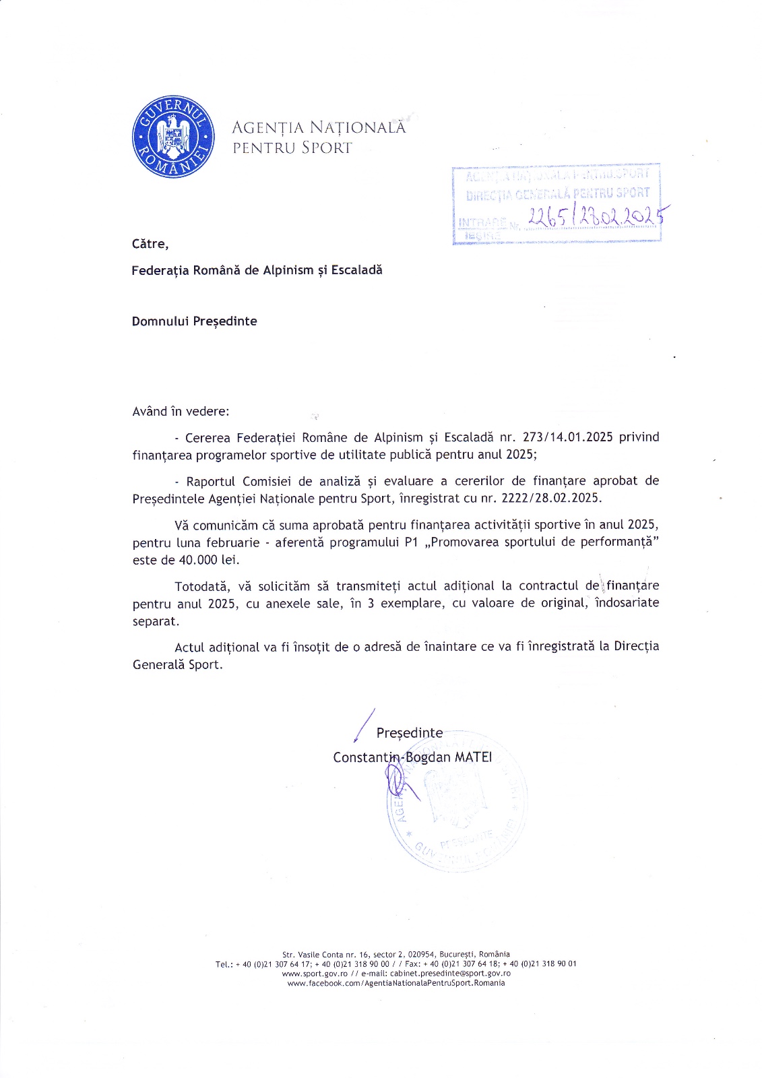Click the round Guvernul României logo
point(173,137)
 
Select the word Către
point(150,244)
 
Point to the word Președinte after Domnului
point(225,321)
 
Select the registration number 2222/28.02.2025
point(550,499)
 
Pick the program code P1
point(412,542)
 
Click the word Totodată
point(202,586)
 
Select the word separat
point(155,621)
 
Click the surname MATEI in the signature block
point(474,757)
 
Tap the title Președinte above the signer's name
point(410,733)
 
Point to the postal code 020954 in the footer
point(422,955)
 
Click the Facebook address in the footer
point(396,983)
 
